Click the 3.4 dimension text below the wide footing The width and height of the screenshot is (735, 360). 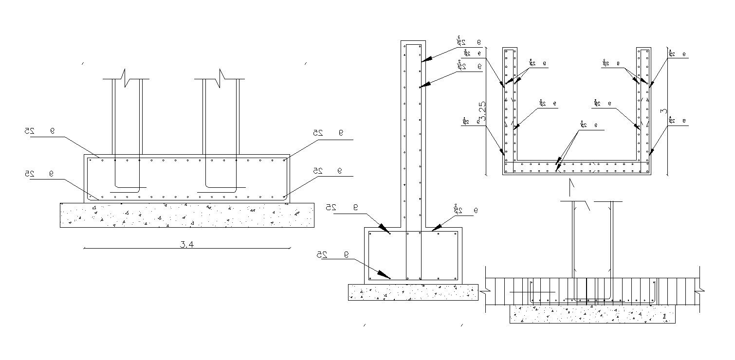click(x=187, y=245)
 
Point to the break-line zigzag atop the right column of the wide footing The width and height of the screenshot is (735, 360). click(x=221, y=79)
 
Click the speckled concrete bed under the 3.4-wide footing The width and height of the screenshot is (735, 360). click(x=187, y=215)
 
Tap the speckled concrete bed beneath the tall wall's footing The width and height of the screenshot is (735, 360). click(x=413, y=292)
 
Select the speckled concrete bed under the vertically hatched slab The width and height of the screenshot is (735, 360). click(x=592, y=314)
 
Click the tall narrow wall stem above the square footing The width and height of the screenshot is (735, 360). click(x=413, y=136)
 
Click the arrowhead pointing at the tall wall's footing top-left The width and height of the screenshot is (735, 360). click(x=385, y=229)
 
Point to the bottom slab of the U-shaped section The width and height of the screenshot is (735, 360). click(x=577, y=168)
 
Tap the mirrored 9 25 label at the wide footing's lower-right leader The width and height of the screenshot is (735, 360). click(x=328, y=171)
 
